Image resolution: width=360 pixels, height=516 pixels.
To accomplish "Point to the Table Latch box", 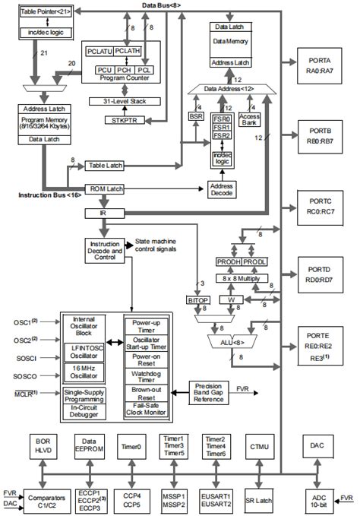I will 106,164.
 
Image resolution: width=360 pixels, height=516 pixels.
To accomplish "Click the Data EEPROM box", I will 90,445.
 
